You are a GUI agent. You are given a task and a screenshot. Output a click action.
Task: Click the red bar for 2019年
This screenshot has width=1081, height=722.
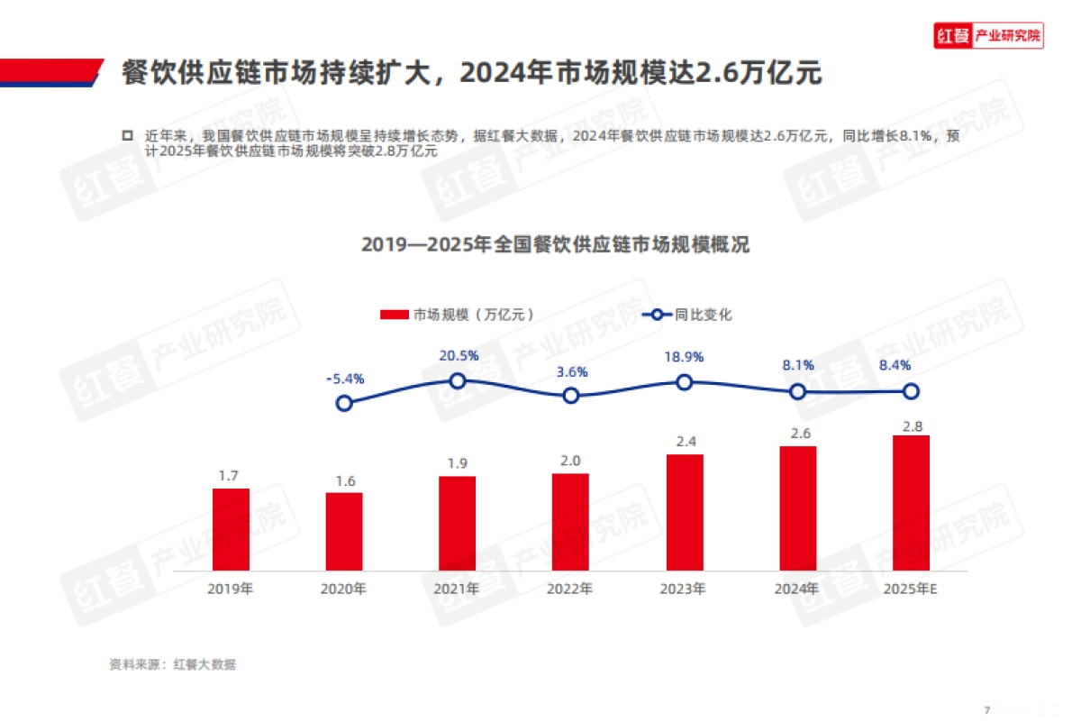point(231,529)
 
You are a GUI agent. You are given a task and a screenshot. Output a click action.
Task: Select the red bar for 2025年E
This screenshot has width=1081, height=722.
point(911,503)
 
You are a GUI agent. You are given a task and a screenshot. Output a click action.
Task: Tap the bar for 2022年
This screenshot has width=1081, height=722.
point(570,522)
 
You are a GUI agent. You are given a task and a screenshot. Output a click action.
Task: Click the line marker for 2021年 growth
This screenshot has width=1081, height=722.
point(458,381)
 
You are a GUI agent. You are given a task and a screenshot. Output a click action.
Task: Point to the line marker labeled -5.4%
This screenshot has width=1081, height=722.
point(344,403)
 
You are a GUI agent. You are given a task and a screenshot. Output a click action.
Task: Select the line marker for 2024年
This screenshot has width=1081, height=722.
point(797,391)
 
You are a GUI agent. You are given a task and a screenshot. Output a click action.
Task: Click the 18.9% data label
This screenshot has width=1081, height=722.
point(684,357)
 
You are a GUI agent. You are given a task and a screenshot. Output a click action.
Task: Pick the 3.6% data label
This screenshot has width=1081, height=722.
point(571,371)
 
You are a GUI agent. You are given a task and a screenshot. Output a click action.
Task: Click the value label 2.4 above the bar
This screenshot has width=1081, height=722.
point(684,441)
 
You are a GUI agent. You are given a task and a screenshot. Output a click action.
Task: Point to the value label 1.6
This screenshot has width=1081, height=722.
point(345,480)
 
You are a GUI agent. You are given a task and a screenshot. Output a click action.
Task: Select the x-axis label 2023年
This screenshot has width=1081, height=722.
point(683,589)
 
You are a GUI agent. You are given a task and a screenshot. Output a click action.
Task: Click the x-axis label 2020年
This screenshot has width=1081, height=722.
point(343,589)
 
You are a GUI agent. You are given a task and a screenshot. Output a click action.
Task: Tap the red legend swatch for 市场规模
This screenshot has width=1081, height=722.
point(395,315)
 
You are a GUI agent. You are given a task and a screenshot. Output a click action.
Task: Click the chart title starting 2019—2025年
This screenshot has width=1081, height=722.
point(555,245)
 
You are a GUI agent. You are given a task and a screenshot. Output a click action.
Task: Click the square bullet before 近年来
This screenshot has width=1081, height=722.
point(127,134)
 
